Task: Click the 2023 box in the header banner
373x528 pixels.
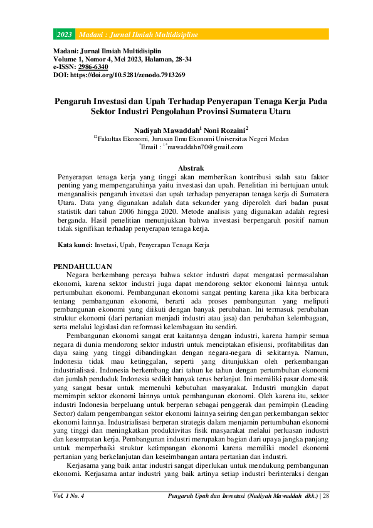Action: tap(64, 33)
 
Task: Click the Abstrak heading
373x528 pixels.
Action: tap(191, 169)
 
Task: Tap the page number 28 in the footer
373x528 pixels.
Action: tap(326, 496)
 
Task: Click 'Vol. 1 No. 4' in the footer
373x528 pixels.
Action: tap(68, 496)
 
